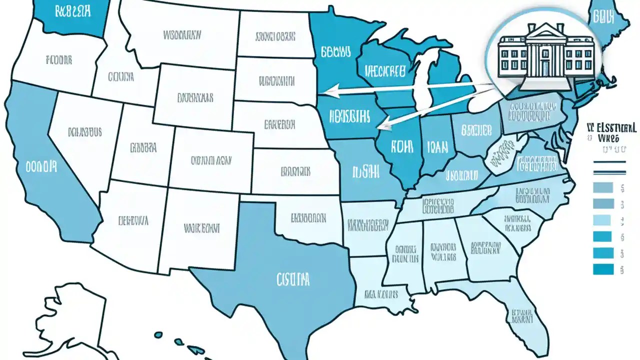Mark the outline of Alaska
(75, 315)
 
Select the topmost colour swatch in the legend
(602, 188)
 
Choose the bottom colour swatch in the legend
(602, 269)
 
